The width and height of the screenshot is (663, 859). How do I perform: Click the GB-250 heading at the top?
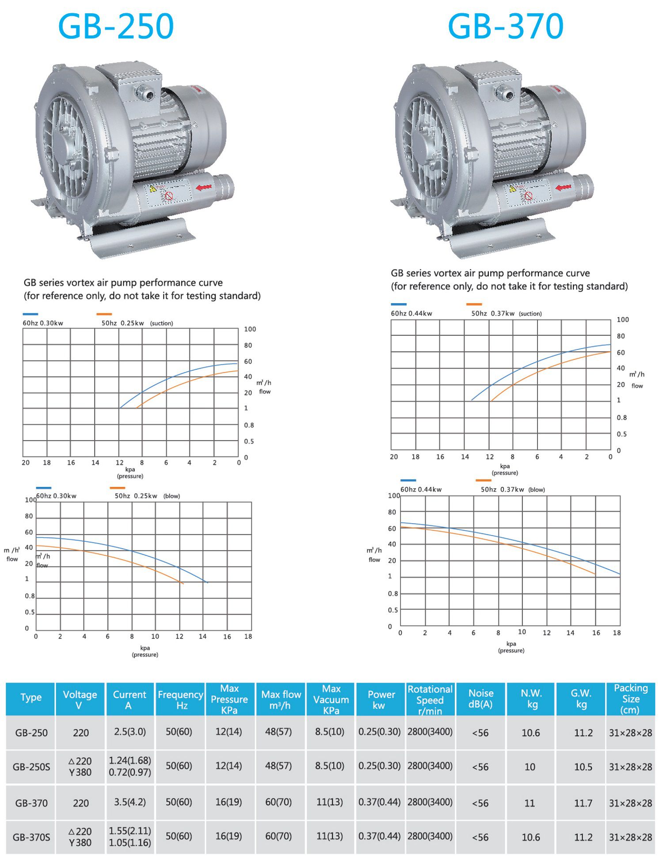coord(116,26)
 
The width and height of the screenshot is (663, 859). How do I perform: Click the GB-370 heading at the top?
coord(506,26)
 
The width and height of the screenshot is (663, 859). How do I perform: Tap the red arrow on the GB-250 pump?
coord(204,187)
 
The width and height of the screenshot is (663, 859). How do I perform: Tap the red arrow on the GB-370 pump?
coord(564,187)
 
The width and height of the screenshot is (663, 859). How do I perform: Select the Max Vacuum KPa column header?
coord(331,699)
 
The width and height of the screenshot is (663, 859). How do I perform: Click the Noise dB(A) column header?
coord(481,699)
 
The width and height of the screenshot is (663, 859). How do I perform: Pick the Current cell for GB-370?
coord(130,802)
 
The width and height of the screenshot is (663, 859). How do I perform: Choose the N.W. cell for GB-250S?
coord(530,767)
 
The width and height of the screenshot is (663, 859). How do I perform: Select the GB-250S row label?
coord(31,767)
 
